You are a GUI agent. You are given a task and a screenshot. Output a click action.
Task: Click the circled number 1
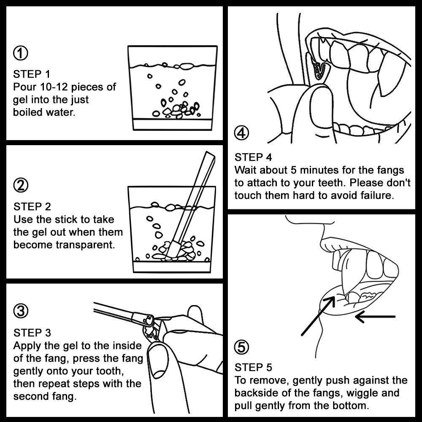20,53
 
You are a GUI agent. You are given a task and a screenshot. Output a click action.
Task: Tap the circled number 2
20,185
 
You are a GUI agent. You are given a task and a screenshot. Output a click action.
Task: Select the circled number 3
20,311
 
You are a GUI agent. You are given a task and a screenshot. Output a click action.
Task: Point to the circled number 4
241,133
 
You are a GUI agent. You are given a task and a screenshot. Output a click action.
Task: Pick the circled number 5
241,347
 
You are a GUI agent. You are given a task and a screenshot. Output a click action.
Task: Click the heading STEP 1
32,74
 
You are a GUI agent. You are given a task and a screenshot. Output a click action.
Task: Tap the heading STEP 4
253,157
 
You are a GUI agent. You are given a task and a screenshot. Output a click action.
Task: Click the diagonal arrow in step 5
318,315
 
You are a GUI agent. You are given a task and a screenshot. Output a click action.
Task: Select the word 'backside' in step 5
256,393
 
